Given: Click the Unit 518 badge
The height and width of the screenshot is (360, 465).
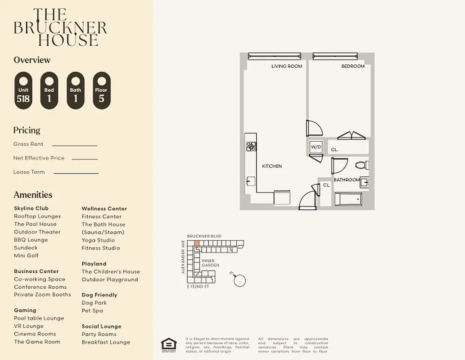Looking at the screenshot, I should click(x=23, y=90).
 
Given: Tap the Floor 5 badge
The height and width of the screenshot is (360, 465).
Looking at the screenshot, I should click(x=101, y=90).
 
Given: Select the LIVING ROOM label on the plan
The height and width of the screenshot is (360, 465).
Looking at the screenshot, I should click(x=286, y=66).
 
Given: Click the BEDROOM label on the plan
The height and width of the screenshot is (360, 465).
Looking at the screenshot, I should click(x=352, y=66).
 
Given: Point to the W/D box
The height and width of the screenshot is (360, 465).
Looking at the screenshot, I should click(x=315, y=147).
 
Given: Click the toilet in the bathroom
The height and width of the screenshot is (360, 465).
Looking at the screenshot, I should click(x=361, y=165).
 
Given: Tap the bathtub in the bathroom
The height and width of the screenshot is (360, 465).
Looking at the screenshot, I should click(x=348, y=198).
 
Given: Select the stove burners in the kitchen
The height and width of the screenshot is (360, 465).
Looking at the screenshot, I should click(x=251, y=146).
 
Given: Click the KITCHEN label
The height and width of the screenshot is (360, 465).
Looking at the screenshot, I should click(x=272, y=166).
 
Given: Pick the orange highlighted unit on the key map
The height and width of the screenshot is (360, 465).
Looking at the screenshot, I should click(x=197, y=243).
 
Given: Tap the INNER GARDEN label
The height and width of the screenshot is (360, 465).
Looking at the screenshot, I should click(x=210, y=263).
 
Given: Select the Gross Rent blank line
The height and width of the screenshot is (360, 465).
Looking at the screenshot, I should click(x=75, y=145).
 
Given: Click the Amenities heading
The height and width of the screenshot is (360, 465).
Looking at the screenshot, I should click(x=33, y=195).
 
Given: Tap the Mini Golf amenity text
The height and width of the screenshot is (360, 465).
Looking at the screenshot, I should click(x=26, y=256).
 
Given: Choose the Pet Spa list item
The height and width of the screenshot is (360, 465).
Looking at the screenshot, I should click(x=92, y=310).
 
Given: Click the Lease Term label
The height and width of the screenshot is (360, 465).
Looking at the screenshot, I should click(x=29, y=172).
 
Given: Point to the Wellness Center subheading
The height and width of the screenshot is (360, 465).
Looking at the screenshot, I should click(x=104, y=208).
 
